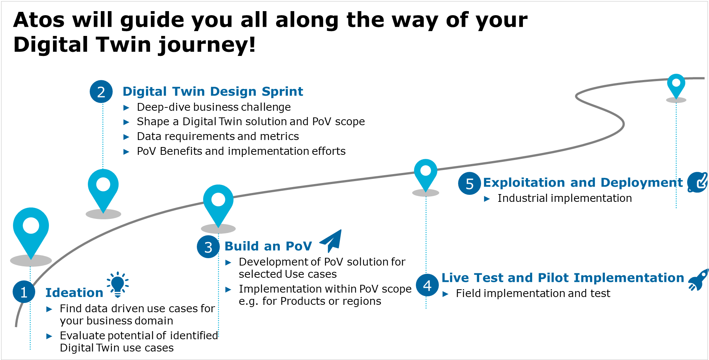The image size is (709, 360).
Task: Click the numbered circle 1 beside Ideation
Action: point(24,292)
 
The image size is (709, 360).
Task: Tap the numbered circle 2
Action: point(101,92)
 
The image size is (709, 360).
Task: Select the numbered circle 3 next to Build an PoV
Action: point(208,247)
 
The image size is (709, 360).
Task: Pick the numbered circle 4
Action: point(427,285)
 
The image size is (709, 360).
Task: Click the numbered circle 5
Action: point(470,183)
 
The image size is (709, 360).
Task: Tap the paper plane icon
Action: point(331,240)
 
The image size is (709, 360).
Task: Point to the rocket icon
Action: point(698,280)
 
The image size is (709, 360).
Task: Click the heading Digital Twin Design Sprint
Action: point(213,91)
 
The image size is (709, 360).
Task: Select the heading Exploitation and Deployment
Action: point(583,183)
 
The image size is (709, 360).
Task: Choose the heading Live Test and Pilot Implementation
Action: point(563,278)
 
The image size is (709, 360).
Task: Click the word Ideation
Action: point(74,293)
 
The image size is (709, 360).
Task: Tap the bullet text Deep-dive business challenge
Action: point(214,107)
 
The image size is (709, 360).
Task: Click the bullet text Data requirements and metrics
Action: point(218,136)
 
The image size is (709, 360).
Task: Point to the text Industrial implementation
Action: point(564,198)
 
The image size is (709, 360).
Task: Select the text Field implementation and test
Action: point(533,293)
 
